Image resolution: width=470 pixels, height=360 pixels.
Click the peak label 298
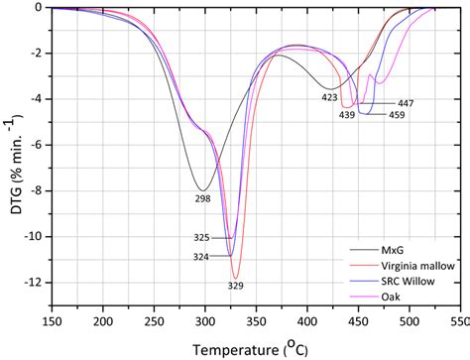click(202, 199)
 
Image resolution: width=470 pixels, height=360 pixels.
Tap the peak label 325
click(202, 238)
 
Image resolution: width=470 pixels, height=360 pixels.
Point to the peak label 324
click(202, 257)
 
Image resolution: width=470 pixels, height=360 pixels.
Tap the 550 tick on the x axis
click(458, 323)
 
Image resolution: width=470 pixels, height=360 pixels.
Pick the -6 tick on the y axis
click(36, 145)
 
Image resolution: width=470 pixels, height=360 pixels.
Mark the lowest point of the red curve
click(235, 278)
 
